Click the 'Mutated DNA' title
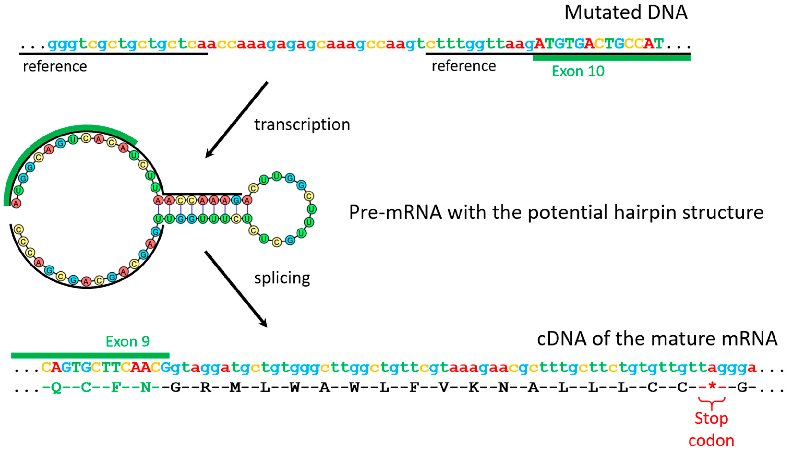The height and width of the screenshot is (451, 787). click(625, 13)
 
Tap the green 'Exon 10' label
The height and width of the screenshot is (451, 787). click(578, 72)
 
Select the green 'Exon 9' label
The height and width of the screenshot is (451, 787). click(127, 342)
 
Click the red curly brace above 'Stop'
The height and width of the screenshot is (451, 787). click(711, 402)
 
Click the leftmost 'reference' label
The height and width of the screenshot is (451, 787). click(55, 67)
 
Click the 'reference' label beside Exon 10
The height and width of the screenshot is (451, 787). click(463, 66)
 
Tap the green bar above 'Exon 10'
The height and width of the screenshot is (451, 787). click(611, 58)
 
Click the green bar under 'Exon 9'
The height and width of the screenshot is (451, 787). click(90, 356)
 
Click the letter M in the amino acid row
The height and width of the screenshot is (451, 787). click(235, 387)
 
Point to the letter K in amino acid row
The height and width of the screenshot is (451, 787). click(473, 387)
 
